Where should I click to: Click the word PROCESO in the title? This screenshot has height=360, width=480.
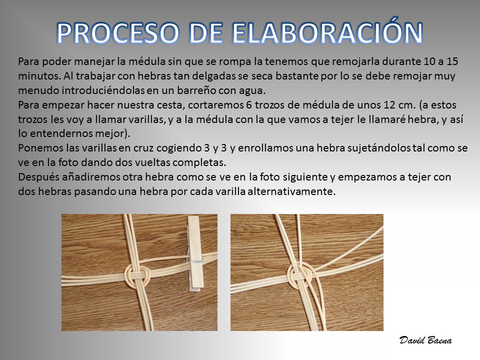click(x=118, y=32)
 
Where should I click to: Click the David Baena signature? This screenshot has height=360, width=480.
click(x=425, y=340)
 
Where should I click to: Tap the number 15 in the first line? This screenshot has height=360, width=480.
click(x=452, y=61)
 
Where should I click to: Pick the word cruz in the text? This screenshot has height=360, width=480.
click(x=143, y=148)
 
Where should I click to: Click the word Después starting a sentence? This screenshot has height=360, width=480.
click(x=38, y=177)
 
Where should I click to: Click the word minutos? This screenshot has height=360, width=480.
click(x=39, y=76)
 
